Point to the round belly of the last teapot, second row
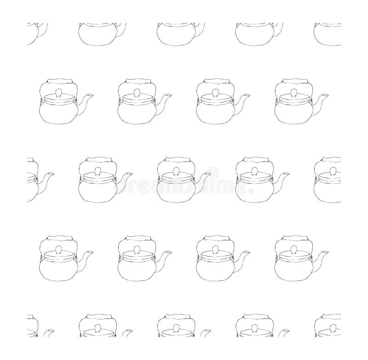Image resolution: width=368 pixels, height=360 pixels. (x=293, y=113)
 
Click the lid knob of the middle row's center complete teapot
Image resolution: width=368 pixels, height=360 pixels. (x=175, y=171)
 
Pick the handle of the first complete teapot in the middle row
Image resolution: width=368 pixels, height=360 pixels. (x=96, y=160)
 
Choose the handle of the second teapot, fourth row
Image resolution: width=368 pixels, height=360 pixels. (x=135, y=238)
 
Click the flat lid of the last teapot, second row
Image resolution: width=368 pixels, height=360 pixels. (x=293, y=98)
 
